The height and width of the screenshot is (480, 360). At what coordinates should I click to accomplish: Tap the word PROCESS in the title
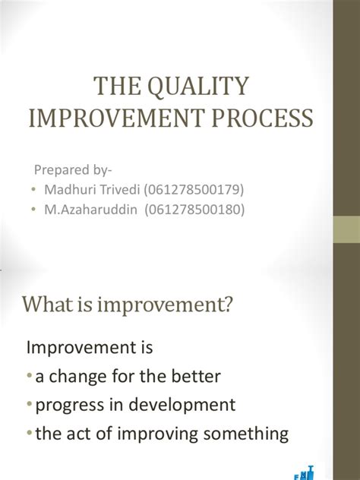point(264,118)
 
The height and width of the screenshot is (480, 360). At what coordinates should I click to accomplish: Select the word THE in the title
point(112,87)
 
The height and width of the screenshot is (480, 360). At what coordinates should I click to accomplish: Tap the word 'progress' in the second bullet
point(65,405)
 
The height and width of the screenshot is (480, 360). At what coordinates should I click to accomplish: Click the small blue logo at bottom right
point(305,472)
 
